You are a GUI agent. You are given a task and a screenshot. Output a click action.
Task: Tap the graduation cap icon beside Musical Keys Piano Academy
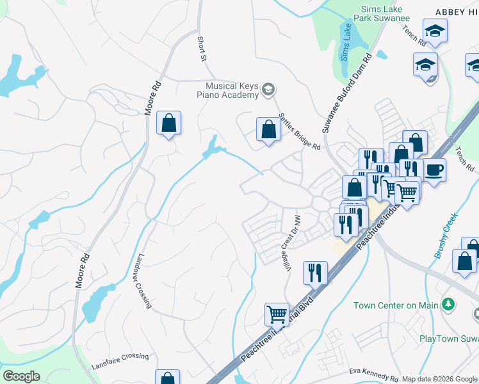pyautogui.click(x=270, y=90)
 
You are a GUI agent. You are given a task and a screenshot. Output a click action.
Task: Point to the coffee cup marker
pyautogui.click(x=434, y=170)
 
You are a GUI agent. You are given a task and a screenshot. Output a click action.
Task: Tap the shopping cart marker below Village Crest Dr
pyautogui.click(x=277, y=315)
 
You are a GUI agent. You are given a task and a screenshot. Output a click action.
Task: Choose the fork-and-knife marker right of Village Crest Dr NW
pyautogui.click(x=315, y=273)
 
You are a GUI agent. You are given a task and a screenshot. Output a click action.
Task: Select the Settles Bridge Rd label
pyautogui.click(x=299, y=131)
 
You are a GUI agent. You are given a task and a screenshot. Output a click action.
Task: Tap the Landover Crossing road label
pyautogui.click(x=142, y=282)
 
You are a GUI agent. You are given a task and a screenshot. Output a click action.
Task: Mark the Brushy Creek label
pyautogui.click(x=446, y=236)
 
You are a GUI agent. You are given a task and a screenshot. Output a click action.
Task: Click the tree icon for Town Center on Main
pyautogui.click(x=450, y=304)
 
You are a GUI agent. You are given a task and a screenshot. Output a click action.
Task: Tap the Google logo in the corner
pyautogui.click(x=21, y=376)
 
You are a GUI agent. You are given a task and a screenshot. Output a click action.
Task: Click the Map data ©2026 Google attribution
pyautogui.click(x=439, y=379)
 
